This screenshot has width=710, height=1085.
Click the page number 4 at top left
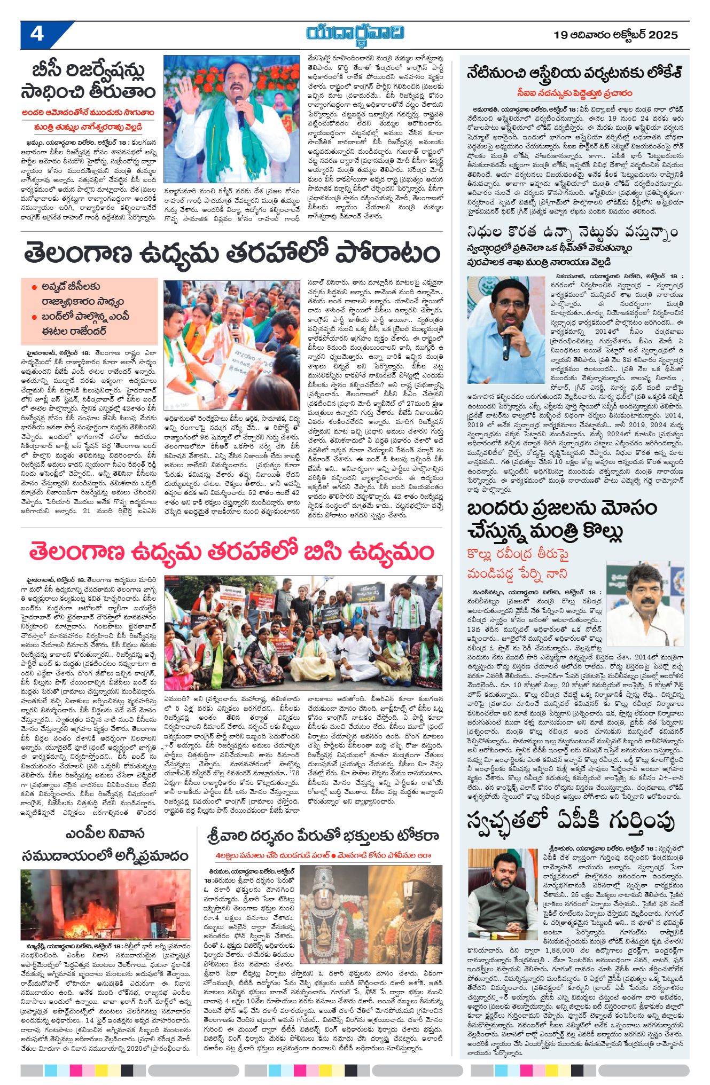point(36,34)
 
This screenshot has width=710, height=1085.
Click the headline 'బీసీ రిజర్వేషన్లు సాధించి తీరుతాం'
point(89,81)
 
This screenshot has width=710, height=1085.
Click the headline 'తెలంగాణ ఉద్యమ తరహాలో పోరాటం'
point(232,254)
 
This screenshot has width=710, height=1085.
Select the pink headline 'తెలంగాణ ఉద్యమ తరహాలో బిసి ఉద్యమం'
point(231,552)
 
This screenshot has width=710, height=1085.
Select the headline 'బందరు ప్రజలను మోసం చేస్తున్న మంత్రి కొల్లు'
point(560,520)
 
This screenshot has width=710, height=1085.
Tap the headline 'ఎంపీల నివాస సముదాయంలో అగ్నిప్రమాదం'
point(105,845)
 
